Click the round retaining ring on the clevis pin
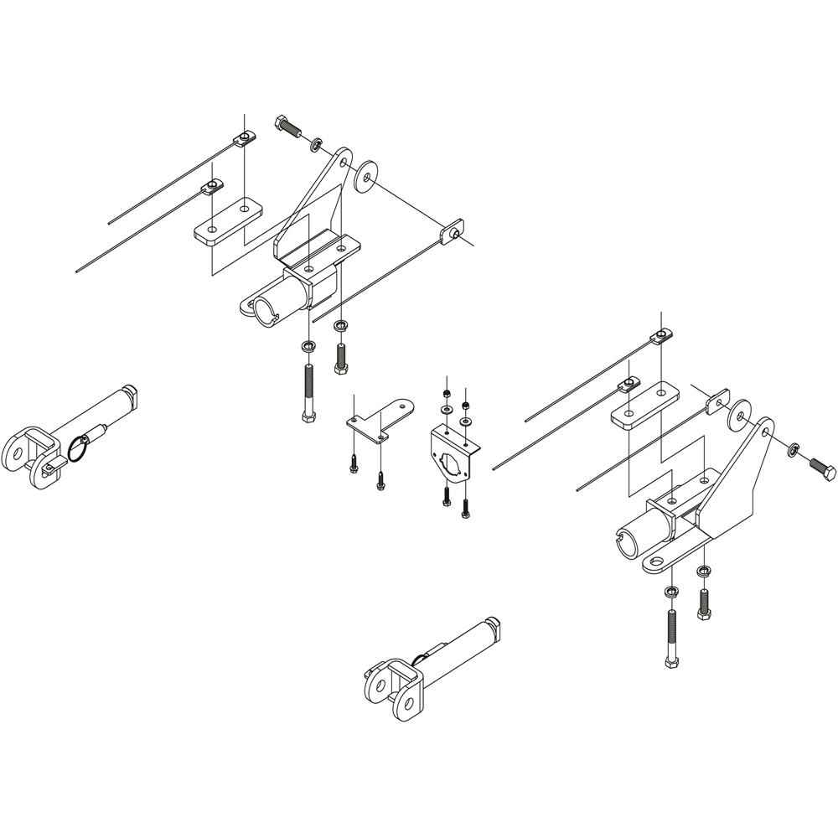(x=76, y=448)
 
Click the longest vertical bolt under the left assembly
(x=307, y=392)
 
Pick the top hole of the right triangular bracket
(x=765, y=431)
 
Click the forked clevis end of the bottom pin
(x=391, y=687)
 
